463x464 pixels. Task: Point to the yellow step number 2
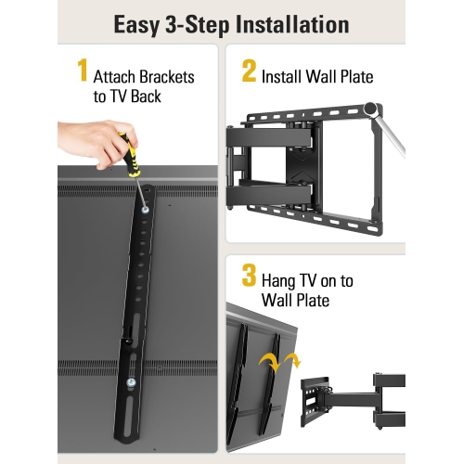[x=249, y=71]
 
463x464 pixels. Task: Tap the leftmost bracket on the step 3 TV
[x=240, y=380]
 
